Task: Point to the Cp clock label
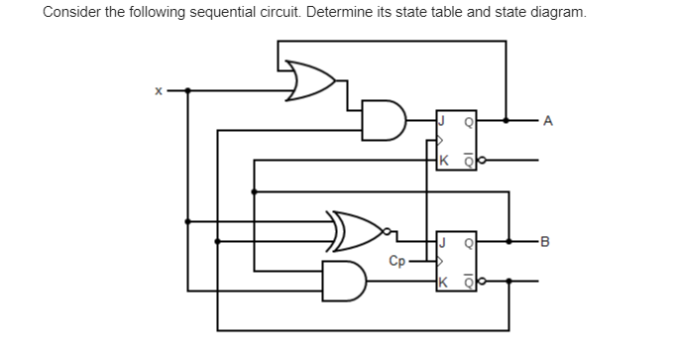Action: (x=396, y=263)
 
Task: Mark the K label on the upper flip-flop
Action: (x=445, y=159)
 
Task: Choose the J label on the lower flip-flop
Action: (x=445, y=240)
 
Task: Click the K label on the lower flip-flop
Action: (x=445, y=280)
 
